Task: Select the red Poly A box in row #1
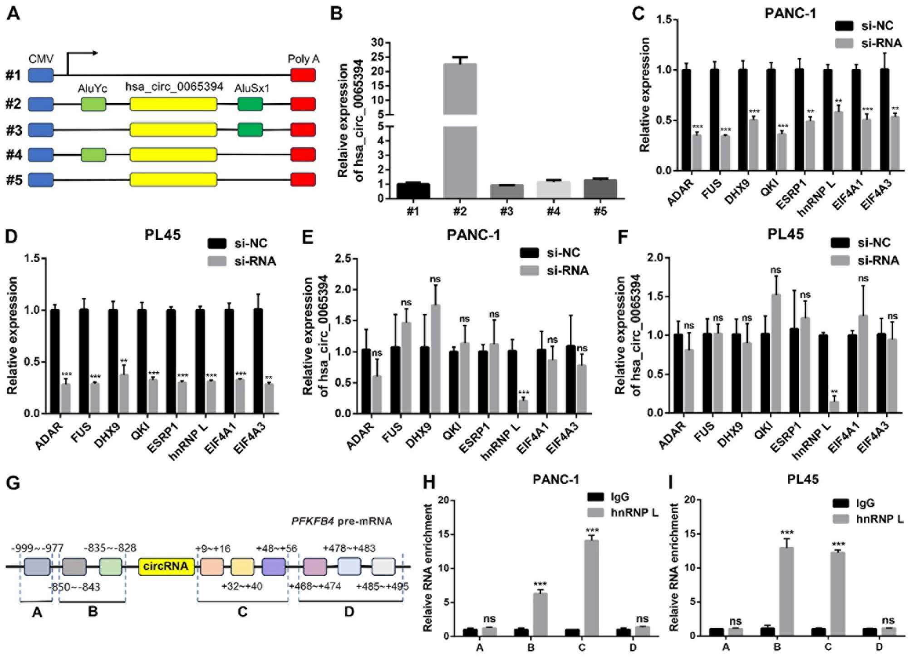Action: pyautogui.click(x=303, y=75)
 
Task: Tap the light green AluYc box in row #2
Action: pyautogui.click(x=93, y=104)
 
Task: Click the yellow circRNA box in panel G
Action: pyautogui.click(x=166, y=566)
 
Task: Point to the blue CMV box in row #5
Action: pyautogui.click(x=41, y=180)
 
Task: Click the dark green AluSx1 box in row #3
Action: pyautogui.click(x=250, y=130)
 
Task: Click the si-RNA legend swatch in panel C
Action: pyautogui.click(x=845, y=43)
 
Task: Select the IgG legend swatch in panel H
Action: pyautogui.click(x=595, y=497)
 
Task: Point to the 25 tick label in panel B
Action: pyautogui.click(x=378, y=57)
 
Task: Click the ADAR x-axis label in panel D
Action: pyautogui.click(x=49, y=436)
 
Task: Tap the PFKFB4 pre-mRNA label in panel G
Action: pyautogui.click(x=341, y=521)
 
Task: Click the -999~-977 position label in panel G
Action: pyautogui.click(x=37, y=548)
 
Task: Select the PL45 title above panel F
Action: pyautogui.click(x=785, y=235)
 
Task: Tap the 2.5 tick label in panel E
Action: pyautogui.click(x=343, y=258)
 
